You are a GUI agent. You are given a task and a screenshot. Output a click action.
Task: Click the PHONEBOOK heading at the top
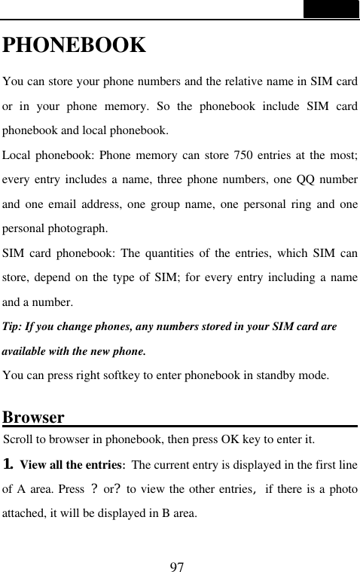[74, 45]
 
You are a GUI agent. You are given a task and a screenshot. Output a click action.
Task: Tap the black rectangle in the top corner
[331, 9]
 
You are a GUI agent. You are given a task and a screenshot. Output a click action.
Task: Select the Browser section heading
[33, 418]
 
